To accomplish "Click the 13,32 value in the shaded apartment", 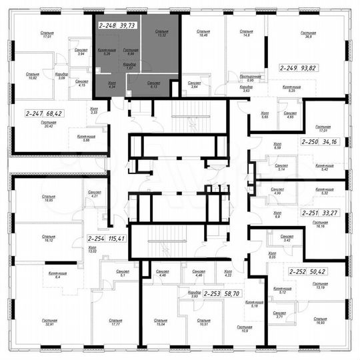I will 161,35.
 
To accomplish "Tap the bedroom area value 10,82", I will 32,77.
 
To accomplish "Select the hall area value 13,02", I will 93,251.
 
